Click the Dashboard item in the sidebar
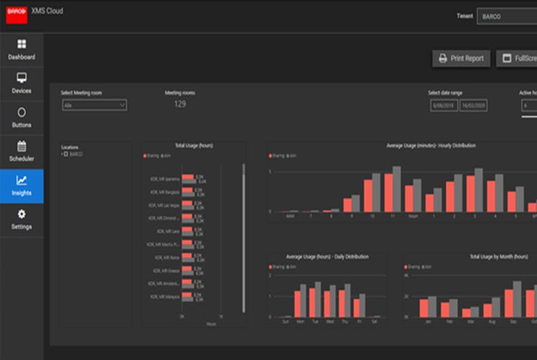tap(21, 50)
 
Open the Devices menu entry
tap(21, 83)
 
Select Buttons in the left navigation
tap(21, 118)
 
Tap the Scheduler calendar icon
tap(21, 146)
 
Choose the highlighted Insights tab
tap(21, 186)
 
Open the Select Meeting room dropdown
tap(94, 105)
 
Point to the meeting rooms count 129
tap(180, 104)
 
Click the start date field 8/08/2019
tap(444, 106)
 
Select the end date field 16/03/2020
tap(473, 106)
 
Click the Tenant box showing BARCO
tap(506, 16)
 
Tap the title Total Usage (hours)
tap(193, 146)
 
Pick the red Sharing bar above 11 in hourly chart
tap(389, 192)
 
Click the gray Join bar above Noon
tap(417, 196)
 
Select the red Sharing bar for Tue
tap(312, 302)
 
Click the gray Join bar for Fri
tap(363, 305)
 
